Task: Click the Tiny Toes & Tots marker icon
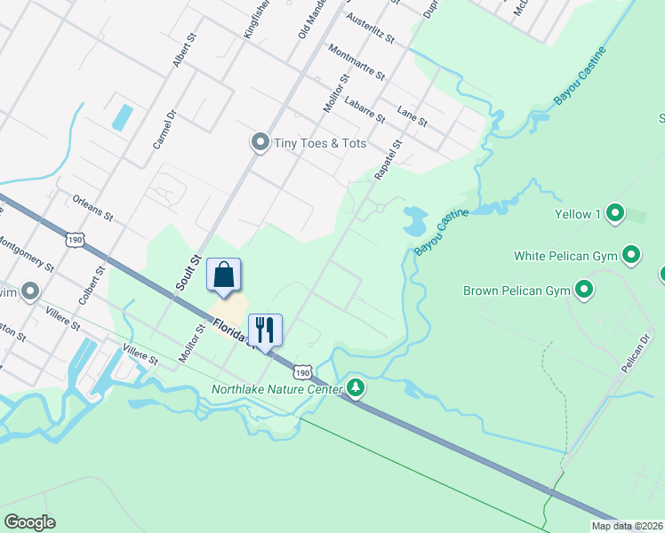click(260, 143)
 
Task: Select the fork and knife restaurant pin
click(265, 330)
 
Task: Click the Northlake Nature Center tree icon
click(356, 388)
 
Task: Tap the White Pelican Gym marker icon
click(631, 256)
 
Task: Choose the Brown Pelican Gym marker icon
click(584, 290)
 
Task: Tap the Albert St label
click(181, 53)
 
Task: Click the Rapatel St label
click(389, 160)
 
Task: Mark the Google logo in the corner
click(29, 522)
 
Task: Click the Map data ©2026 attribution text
click(627, 526)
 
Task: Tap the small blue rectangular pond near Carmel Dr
click(122, 116)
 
